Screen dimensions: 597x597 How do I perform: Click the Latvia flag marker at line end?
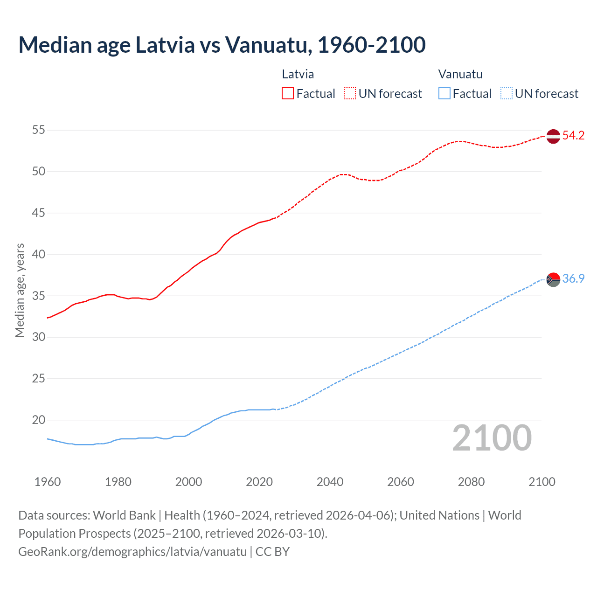pos(553,136)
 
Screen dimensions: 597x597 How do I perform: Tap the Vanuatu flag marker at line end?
pos(553,280)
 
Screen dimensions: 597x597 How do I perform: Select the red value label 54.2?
pos(573,136)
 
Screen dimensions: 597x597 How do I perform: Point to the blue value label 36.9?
pos(573,279)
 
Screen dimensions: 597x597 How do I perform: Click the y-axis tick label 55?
pos(39,130)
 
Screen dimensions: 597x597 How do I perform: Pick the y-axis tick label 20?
pos(39,420)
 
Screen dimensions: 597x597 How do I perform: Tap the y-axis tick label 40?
pos(39,254)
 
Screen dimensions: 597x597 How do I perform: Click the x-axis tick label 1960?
pos(48,482)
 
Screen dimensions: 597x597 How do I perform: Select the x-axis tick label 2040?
pos(330,482)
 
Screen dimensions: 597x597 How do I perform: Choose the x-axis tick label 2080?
pos(471,482)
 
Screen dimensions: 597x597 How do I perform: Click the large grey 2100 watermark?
pos(492,437)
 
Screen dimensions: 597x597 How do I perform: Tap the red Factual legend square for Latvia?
pos(288,93)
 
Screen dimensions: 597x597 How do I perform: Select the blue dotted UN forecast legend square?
pos(507,93)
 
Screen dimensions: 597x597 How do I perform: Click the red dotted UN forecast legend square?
pos(350,93)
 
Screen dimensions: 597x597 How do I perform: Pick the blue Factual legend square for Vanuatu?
pos(444,93)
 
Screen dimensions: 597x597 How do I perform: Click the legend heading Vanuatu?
pos(460,74)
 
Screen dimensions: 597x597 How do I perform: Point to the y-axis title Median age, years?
pos(20,290)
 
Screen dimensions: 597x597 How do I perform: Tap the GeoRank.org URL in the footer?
pos(132,552)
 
